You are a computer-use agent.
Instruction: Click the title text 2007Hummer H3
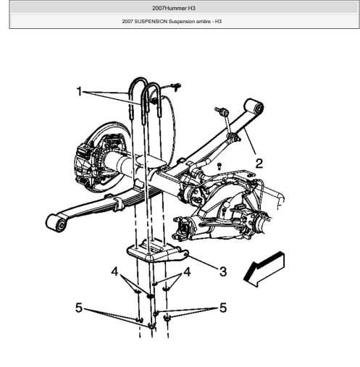174,8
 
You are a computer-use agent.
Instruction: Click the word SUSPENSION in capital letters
151,22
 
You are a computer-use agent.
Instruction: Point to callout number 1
79,91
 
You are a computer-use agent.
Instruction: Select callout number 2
259,164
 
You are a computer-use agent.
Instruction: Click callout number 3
223,271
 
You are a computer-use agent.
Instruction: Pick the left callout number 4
114,271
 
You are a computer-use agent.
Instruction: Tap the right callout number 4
187,271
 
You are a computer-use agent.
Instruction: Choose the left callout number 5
79,308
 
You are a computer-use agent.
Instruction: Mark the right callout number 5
223,308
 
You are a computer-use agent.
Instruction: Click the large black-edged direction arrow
264,269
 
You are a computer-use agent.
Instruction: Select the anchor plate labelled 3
157,251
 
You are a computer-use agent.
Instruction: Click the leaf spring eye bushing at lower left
56,223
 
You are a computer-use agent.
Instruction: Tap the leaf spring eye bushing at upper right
254,106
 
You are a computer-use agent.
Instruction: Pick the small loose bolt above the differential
219,166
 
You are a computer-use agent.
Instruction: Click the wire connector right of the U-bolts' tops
175,87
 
